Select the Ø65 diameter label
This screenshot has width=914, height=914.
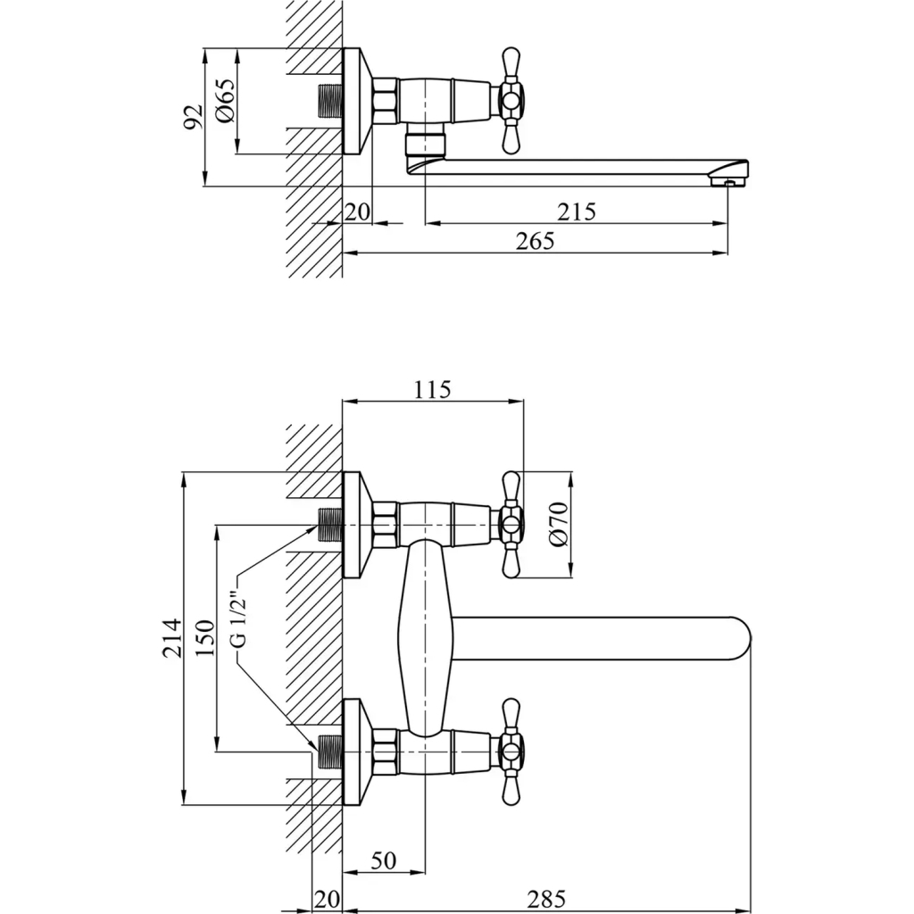[x=224, y=101]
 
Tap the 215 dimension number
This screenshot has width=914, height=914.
[x=576, y=212]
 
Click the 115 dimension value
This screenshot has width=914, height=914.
[x=433, y=389]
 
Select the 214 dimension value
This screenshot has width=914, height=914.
[x=172, y=637]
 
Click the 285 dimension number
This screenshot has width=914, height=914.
[x=545, y=899]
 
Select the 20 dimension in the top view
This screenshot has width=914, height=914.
[x=357, y=212]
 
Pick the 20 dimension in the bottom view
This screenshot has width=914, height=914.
[x=328, y=899]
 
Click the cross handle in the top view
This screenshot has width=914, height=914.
[x=511, y=100]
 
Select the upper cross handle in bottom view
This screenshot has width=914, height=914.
[x=511, y=525]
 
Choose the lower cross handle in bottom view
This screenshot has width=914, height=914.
[x=511, y=751]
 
